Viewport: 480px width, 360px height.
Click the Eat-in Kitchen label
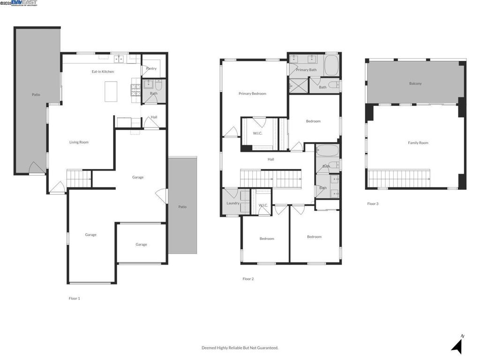(102, 72)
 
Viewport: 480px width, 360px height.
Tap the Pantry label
(151, 68)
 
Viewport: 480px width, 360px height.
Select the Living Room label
(79, 142)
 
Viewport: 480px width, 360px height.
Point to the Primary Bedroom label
(252, 94)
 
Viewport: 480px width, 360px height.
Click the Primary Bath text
(306, 70)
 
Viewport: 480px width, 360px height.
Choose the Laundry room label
(233, 203)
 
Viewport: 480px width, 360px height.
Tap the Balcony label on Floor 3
(415, 83)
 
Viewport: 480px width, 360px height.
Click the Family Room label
(418, 143)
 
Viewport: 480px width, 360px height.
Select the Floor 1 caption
(74, 298)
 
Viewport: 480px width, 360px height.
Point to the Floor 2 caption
(248, 279)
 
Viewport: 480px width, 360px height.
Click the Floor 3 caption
(372, 204)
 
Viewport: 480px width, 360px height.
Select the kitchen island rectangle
(111, 91)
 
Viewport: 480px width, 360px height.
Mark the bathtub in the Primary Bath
(331, 65)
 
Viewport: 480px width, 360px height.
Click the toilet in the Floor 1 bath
(158, 85)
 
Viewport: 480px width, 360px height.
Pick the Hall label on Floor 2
(271, 159)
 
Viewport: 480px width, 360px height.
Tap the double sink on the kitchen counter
(119, 59)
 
